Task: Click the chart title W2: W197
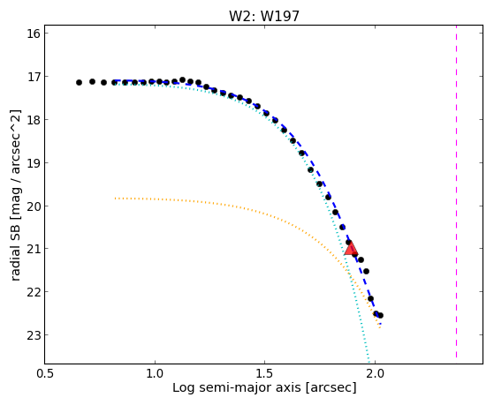click(x=264, y=16)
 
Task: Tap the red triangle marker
click(x=351, y=249)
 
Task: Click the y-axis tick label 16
click(x=34, y=34)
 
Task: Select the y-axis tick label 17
click(x=34, y=77)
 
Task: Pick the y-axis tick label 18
click(x=34, y=120)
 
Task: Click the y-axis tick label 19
click(x=34, y=162)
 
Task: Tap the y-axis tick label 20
click(x=34, y=206)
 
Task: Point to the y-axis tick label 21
click(x=34, y=249)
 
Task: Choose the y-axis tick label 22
click(x=34, y=292)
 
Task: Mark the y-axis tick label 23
click(x=34, y=334)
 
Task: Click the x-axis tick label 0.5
click(x=45, y=374)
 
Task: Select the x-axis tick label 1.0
click(x=155, y=374)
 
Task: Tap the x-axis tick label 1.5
click(x=265, y=374)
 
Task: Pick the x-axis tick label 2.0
click(x=375, y=374)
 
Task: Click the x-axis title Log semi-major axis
click(x=237, y=388)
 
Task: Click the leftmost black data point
click(x=79, y=82)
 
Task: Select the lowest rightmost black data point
click(x=380, y=315)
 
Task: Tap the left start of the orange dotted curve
click(x=115, y=199)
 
